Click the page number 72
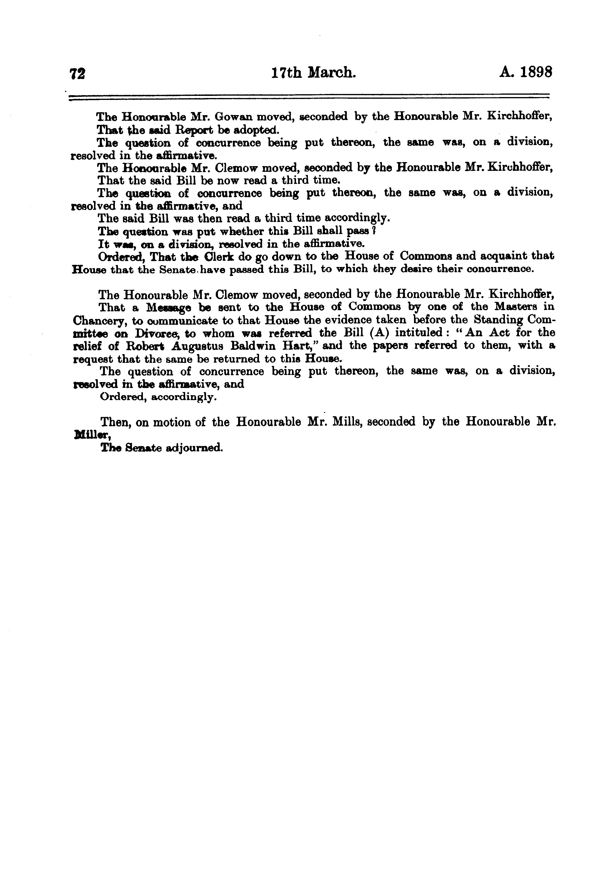tap(77, 73)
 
